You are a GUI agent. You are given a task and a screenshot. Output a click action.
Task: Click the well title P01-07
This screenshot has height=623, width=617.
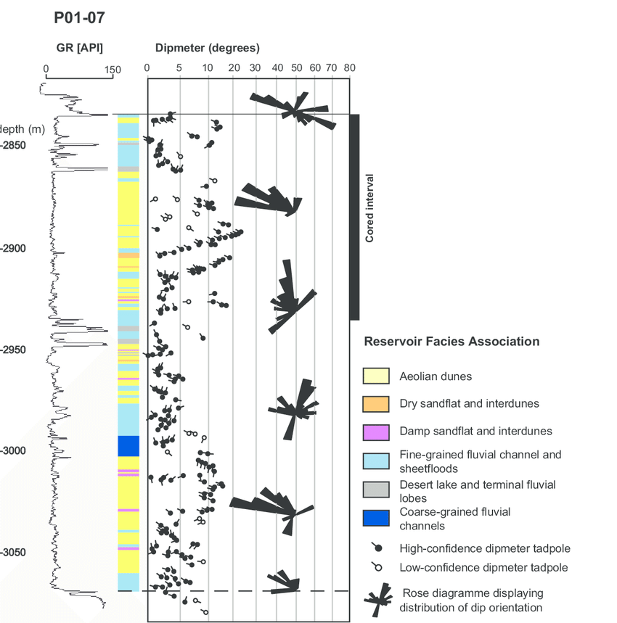(x=79, y=18)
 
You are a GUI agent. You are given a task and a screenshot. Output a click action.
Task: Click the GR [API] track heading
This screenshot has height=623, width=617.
(x=80, y=48)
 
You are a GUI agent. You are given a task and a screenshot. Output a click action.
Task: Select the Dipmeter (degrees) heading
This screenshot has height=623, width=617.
(x=207, y=48)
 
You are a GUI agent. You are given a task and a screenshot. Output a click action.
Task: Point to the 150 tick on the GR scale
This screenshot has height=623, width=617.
(x=113, y=70)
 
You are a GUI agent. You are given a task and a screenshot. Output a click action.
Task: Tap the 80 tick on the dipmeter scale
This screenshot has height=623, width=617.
(x=349, y=68)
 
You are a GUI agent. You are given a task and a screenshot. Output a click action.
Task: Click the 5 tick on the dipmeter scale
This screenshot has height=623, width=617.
(x=179, y=68)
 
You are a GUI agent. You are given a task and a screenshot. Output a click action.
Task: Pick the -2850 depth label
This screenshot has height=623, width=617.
(x=13, y=145)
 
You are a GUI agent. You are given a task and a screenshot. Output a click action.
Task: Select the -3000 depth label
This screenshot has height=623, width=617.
(x=13, y=450)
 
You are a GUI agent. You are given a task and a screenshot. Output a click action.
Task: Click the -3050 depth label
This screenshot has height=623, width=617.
(x=13, y=552)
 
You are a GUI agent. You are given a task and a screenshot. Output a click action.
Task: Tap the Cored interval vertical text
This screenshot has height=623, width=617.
(x=369, y=208)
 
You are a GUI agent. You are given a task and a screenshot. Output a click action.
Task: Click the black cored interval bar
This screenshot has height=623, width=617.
(x=355, y=218)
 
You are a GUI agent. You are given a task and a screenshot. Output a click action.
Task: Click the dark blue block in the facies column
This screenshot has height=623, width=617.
(x=128, y=446)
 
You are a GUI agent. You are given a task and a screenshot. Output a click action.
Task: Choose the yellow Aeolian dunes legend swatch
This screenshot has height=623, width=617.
(x=376, y=376)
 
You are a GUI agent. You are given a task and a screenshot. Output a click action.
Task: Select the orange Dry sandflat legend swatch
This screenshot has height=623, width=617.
(x=376, y=404)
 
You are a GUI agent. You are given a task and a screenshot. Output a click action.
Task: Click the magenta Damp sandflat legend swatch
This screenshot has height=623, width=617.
(x=376, y=432)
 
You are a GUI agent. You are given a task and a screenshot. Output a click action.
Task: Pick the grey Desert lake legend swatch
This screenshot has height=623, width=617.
(x=376, y=490)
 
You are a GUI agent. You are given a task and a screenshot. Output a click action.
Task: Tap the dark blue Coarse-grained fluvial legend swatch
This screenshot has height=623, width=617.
(x=376, y=518)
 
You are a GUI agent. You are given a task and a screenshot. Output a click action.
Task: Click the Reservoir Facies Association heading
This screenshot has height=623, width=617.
(x=451, y=342)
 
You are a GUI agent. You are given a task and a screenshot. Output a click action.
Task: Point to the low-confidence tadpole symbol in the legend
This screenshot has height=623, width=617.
(x=377, y=566)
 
